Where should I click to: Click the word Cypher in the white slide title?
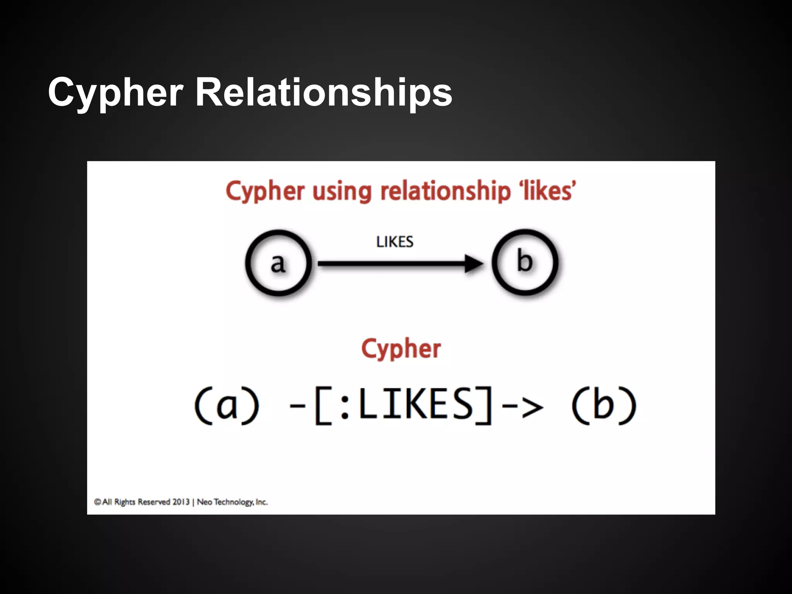pyautogui.click(x=115, y=93)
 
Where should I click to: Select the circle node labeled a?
pyautogui.click(x=278, y=263)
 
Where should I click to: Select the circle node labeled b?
pyautogui.click(x=525, y=262)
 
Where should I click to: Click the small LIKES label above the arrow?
pyautogui.click(x=395, y=242)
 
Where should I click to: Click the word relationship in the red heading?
pyautogui.click(x=445, y=191)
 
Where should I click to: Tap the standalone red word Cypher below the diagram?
pyautogui.click(x=401, y=349)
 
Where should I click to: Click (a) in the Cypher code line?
pyautogui.click(x=227, y=406)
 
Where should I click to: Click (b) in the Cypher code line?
pyautogui.click(x=603, y=406)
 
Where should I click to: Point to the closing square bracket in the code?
pyautogui.click(x=485, y=406)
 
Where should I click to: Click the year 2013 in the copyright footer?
pyautogui.click(x=181, y=502)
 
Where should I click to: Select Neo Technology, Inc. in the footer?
pyautogui.click(x=232, y=502)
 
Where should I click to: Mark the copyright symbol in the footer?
pyautogui.click(x=97, y=502)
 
